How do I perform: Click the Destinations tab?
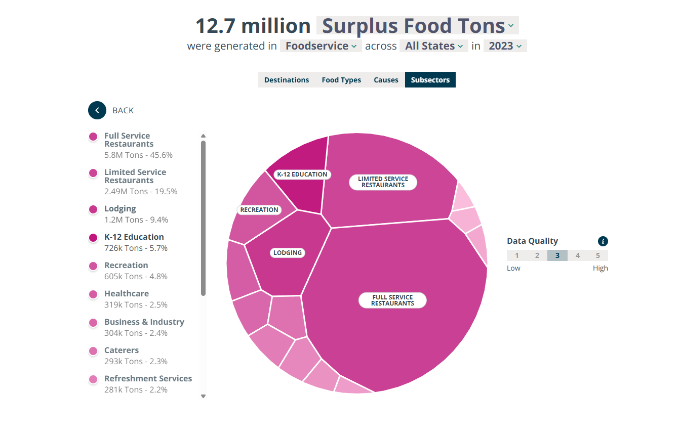[286, 80]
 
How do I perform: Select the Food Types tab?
[341, 80]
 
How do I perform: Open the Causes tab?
[386, 80]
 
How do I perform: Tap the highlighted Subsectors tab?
[430, 80]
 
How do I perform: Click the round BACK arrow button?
[97, 110]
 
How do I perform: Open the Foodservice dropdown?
[321, 46]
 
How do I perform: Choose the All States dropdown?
[434, 46]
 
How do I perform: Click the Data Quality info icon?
[603, 241]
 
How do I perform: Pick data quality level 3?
[557, 255]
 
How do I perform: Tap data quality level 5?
[598, 255]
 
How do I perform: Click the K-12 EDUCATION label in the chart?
[302, 174]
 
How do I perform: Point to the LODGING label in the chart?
[288, 252]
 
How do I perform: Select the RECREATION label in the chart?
[259, 209]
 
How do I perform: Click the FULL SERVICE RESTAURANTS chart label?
[392, 300]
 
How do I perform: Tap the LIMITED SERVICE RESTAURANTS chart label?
[383, 182]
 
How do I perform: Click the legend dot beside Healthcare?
[93, 294]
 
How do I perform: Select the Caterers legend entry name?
[122, 350]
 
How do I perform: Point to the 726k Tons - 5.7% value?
[136, 248]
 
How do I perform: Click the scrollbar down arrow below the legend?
[204, 396]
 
